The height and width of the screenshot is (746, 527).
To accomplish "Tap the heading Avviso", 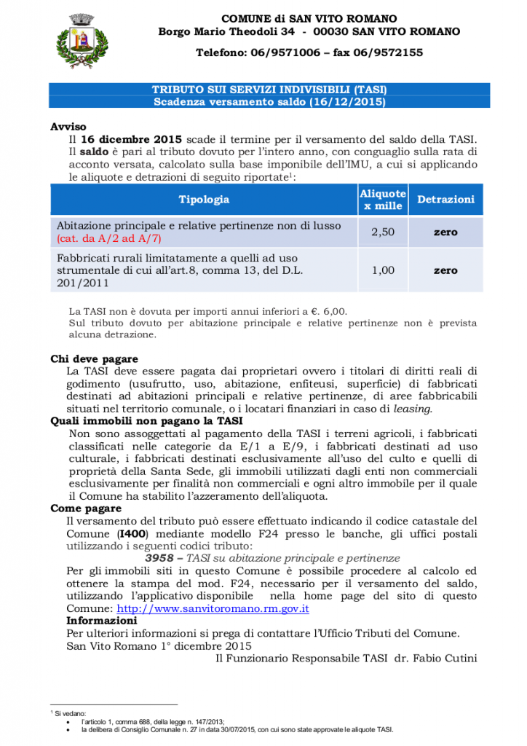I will [68, 126].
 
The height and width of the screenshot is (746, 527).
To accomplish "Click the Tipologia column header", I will [204, 199].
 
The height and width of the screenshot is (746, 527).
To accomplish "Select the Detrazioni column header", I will [445, 199].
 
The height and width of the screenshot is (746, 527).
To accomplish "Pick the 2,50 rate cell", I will [383, 232].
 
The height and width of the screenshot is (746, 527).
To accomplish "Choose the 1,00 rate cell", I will [383, 270].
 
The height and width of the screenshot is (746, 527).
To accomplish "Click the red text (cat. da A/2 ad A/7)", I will [109, 238].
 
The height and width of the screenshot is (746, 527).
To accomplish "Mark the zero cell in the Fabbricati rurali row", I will [445, 270].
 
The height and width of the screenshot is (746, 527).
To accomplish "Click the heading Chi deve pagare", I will [94, 359].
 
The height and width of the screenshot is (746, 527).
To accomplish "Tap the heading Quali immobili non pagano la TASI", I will [146, 421].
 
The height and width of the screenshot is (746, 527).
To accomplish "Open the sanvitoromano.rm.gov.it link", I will [213, 608].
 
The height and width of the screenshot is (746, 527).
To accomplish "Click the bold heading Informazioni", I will [101, 620].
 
